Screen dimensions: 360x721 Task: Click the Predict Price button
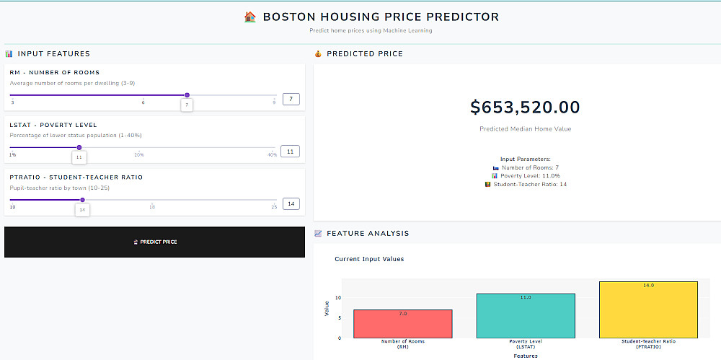point(154,242)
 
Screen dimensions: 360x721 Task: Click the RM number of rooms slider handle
point(187,95)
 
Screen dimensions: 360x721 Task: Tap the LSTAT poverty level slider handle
point(79,147)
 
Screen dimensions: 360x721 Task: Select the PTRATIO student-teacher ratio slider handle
point(82,200)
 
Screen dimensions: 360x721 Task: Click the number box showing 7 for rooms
point(291,99)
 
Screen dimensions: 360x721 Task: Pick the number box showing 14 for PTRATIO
point(291,204)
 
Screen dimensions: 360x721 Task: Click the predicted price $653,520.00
point(524,107)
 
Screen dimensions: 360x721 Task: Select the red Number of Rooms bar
point(403,324)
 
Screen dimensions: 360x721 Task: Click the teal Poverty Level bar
point(526,316)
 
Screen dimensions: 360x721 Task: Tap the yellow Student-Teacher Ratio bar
point(648,309)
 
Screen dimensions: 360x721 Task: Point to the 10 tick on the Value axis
point(338,297)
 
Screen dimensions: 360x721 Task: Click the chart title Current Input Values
point(369,259)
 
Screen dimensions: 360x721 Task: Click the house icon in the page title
point(250,17)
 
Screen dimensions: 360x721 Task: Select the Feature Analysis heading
point(367,233)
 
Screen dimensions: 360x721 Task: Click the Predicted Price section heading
point(364,53)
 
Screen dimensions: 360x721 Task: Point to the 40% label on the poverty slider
point(272,155)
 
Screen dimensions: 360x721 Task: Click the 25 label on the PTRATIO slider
point(274,207)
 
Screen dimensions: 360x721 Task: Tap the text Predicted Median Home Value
point(525,129)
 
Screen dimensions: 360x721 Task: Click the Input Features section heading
point(53,53)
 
